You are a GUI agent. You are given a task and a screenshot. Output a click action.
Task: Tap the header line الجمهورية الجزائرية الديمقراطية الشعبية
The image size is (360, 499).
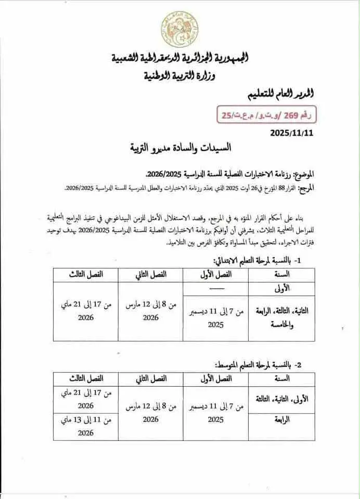pyautogui.click(x=180, y=58)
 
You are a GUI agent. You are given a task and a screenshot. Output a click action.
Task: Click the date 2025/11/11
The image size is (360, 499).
pyautogui.click(x=292, y=133)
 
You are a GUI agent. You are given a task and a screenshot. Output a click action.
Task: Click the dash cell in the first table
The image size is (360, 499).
pyautogui.click(x=216, y=287)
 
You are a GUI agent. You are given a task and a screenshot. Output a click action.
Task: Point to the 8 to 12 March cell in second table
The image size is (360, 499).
pyautogui.click(x=151, y=412)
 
